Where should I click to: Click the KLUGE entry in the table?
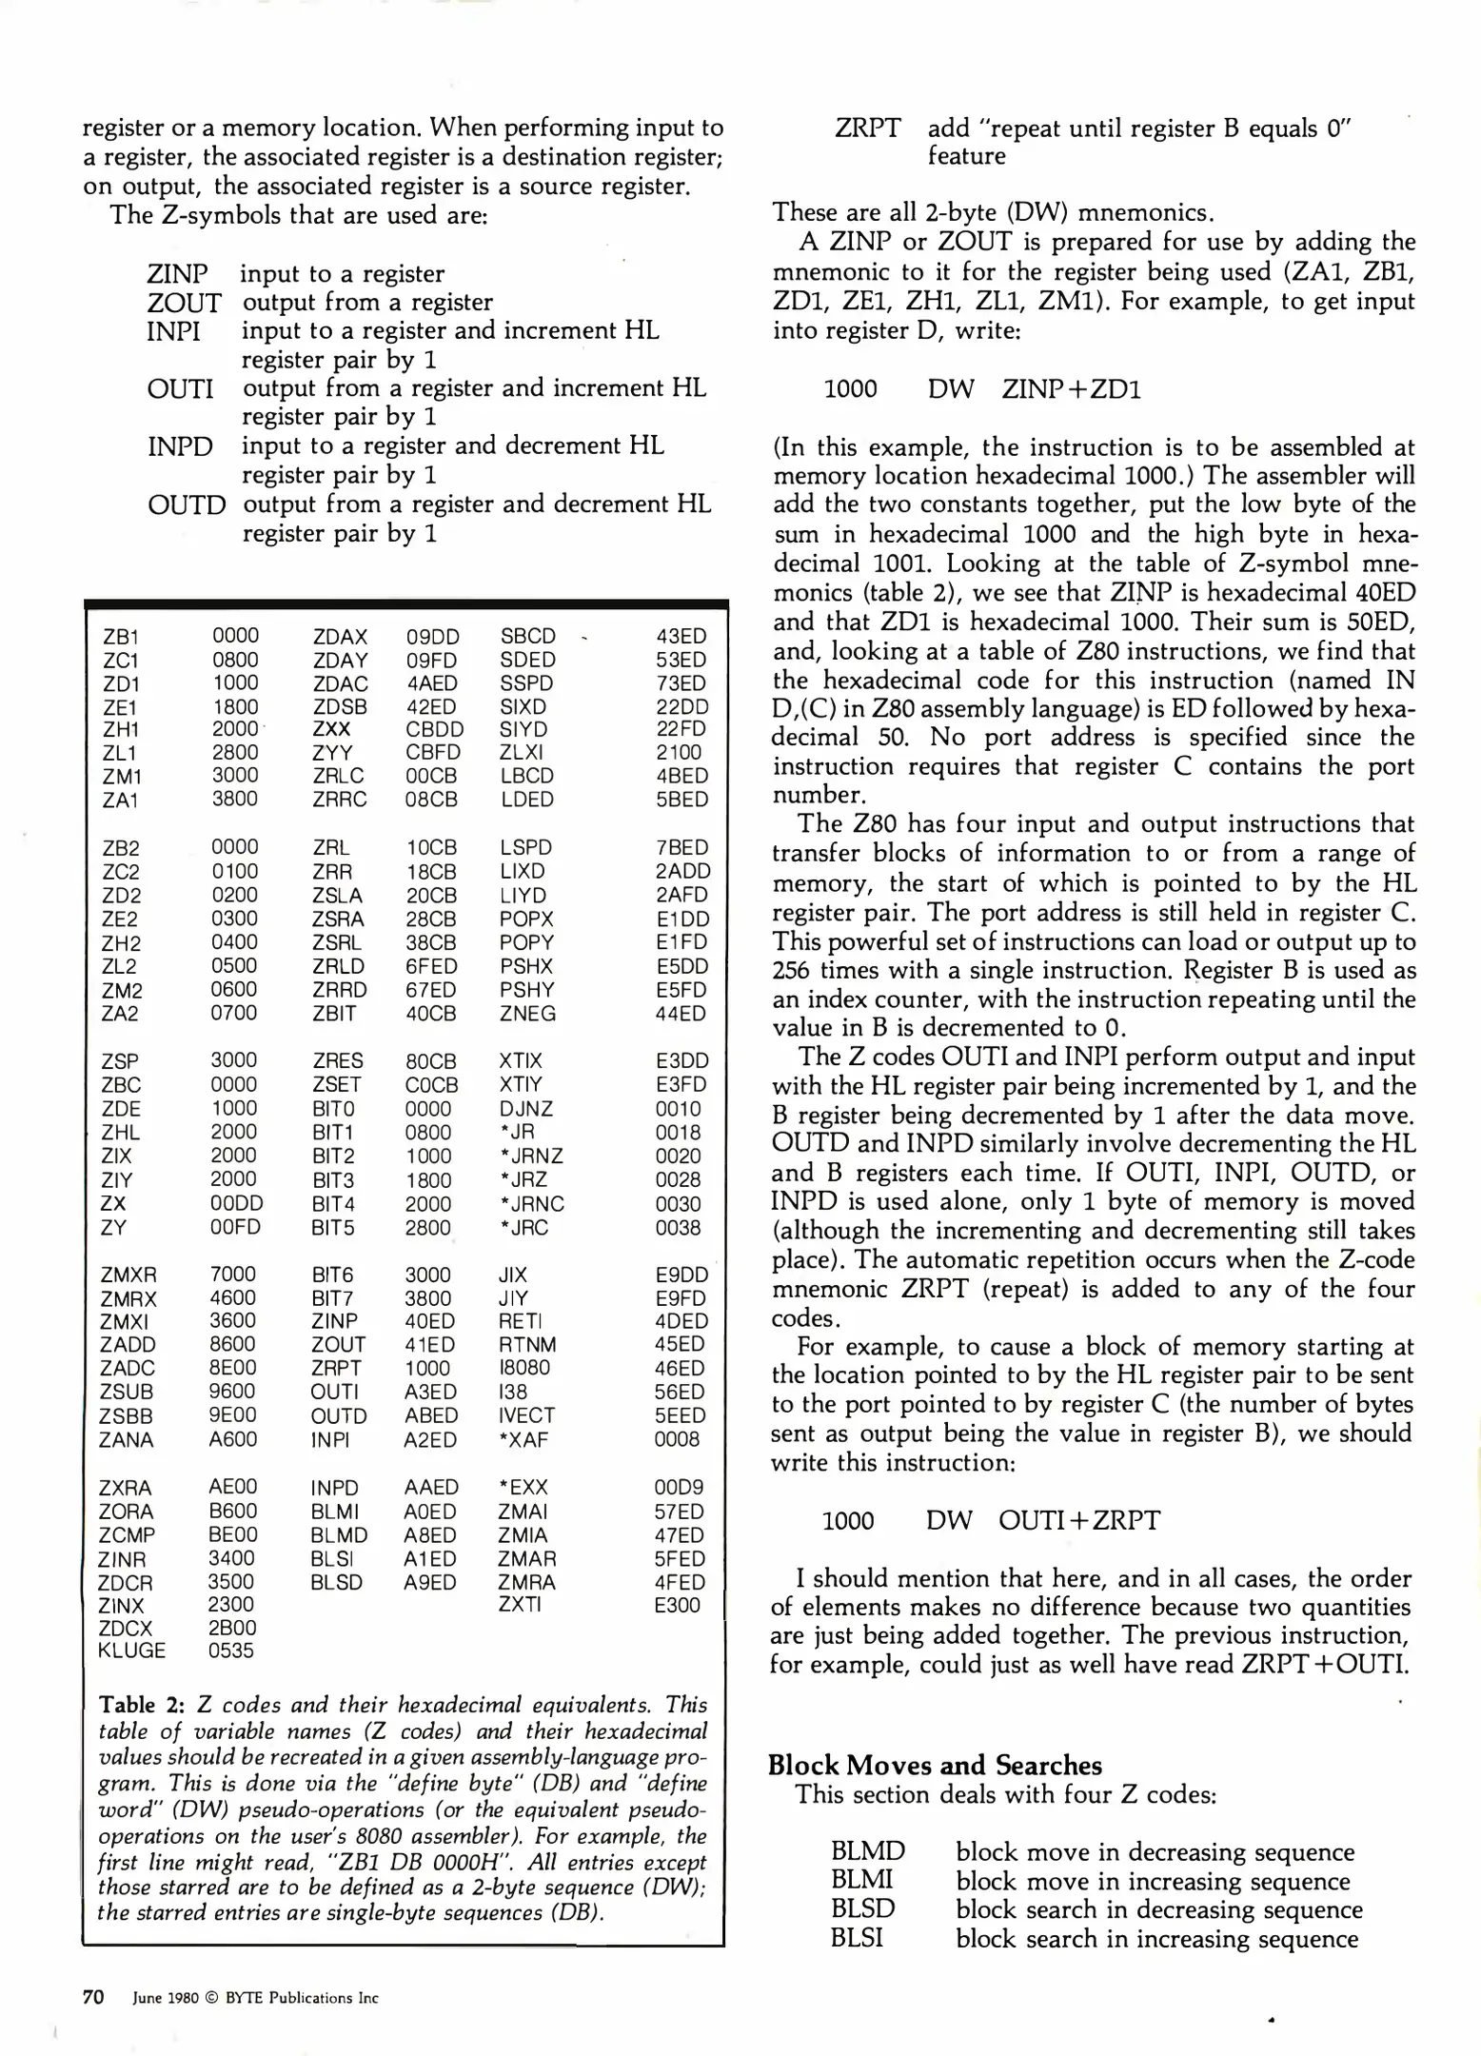point(131,1651)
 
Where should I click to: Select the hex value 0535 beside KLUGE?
point(231,1651)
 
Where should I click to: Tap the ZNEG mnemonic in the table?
point(527,1014)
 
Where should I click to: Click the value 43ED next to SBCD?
point(681,637)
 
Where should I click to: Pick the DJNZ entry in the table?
point(525,1109)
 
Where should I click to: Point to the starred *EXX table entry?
point(523,1488)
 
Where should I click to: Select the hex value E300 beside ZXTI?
point(677,1605)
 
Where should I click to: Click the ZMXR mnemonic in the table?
point(128,1275)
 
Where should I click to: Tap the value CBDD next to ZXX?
point(435,729)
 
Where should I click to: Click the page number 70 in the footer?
point(93,1997)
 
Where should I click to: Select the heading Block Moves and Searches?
point(935,1765)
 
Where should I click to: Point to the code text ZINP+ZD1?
point(1071,389)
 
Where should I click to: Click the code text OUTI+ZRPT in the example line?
point(1079,1520)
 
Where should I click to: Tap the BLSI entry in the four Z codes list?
point(857,1938)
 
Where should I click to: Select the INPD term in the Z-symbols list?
point(180,446)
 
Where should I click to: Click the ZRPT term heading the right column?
point(867,128)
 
